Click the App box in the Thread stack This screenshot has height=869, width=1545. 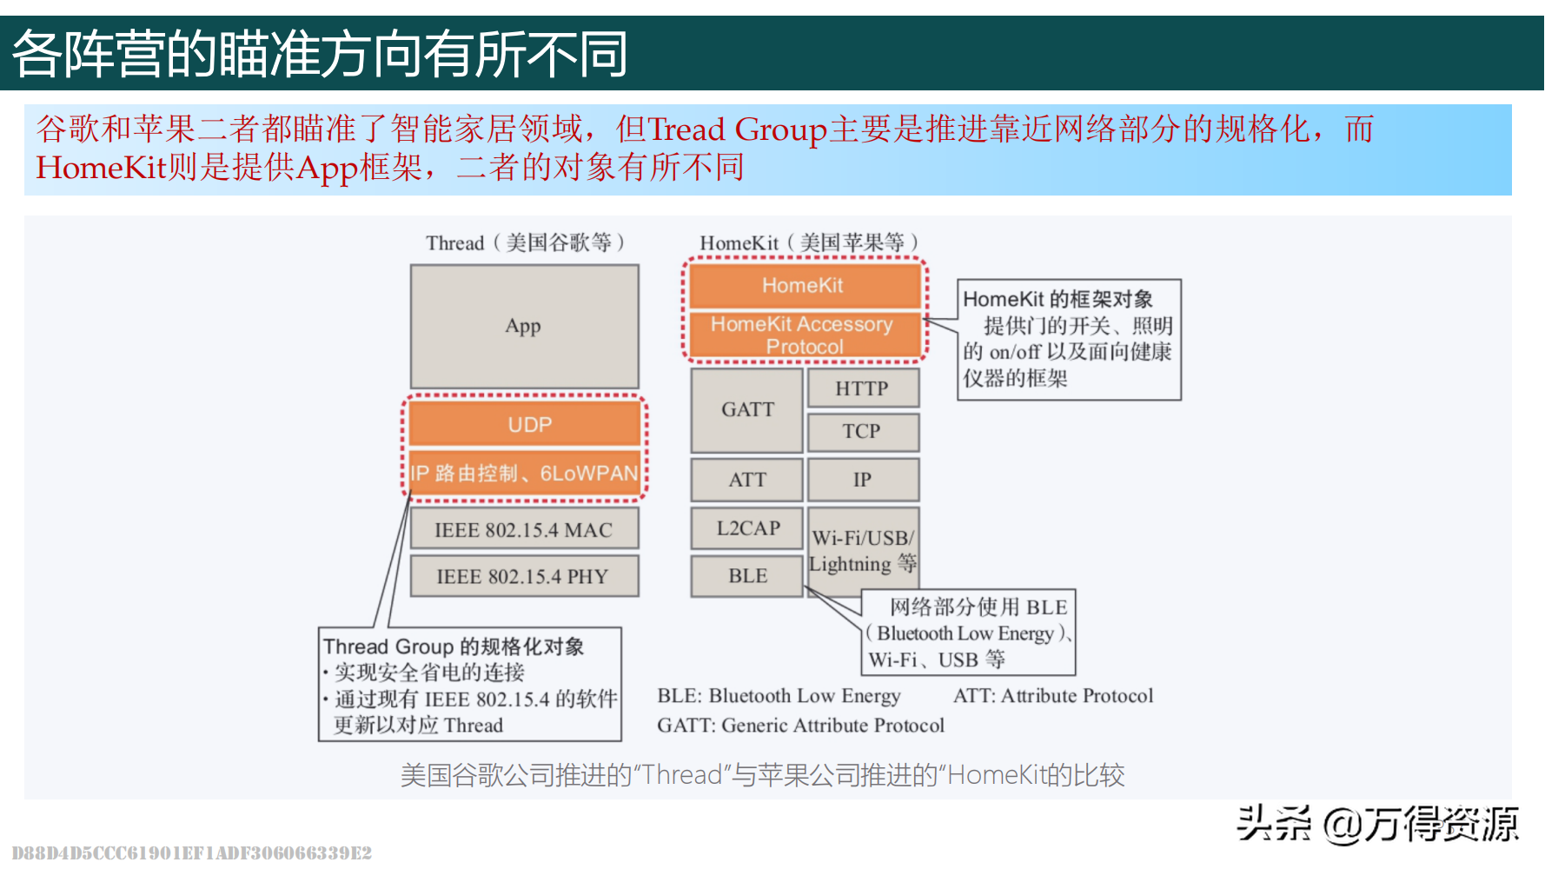[524, 326]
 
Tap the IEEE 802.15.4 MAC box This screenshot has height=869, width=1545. [524, 529]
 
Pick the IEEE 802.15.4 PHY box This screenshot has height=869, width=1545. [524, 576]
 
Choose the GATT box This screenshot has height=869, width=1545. [746, 409]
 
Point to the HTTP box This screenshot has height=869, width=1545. [862, 388]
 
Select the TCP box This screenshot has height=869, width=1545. [862, 431]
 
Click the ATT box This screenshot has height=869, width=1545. [746, 480]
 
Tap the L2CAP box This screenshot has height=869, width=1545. [746, 528]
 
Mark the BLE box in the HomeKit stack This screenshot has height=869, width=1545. [746, 576]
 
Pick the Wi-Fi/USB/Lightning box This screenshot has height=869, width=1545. [862, 550]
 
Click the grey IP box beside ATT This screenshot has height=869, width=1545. [862, 480]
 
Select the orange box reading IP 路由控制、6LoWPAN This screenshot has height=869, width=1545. [525, 474]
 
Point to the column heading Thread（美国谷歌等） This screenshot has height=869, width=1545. [525, 242]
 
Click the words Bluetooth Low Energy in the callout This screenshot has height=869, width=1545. [965, 634]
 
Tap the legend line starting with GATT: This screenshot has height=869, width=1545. [799, 726]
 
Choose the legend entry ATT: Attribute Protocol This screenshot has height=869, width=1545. [1052, 696]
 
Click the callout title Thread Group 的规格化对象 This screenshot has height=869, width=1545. [453, 647]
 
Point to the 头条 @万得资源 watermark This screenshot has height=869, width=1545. [1376, 824]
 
